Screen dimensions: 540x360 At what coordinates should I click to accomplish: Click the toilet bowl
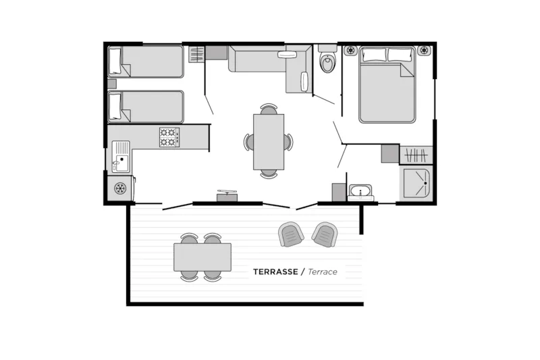[x=327, y=62]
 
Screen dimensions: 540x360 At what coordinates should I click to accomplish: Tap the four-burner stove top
[x=169, y=138]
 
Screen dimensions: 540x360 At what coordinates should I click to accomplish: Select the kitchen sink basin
[x=122, y=163]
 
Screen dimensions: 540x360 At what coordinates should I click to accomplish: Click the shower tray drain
[x=426, y=183]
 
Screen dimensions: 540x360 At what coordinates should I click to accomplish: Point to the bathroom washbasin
[x=360, y=192]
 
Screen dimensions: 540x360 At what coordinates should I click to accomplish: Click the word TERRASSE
[x=275, y=272]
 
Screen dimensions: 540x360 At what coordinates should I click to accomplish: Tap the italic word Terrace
[x=323, y=272]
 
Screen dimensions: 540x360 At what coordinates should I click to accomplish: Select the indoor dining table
[x=269, y=142]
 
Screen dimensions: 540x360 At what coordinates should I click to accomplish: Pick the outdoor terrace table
[x=202, y=257]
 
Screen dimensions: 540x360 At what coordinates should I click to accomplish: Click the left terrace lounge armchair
[x=291, y=234]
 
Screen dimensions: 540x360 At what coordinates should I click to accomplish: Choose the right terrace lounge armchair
[x=325, y=234]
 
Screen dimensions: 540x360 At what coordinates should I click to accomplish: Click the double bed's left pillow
[x=374, y=55]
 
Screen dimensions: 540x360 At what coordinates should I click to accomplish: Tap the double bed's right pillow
[x=400, y=55]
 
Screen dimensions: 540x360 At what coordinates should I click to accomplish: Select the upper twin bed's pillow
[x=115, y=61]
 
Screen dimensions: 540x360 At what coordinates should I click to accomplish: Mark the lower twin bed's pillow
[x=115, y=107]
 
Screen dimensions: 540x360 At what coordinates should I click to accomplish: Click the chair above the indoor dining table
[x=269, y=109]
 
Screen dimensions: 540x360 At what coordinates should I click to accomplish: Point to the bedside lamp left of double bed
[x=350, y=50]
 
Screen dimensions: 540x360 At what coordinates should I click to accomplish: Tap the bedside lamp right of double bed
[x=424, y=50]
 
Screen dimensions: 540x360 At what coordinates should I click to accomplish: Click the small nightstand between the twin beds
[x=112, y=84]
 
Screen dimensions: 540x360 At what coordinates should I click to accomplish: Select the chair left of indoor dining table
[x=248, y=142]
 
